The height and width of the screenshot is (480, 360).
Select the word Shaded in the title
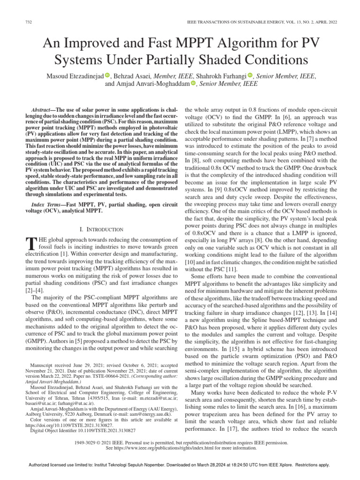pyautogui.click(x=232, y=60)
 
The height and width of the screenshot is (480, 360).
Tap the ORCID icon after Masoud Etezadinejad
pyautogui.click(x=107, y=75)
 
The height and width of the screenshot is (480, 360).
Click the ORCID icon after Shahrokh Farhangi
pyautogui.click(x=250, y=75)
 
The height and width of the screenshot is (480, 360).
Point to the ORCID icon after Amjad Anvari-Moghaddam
pyautogui.click(x=193, y=84)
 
